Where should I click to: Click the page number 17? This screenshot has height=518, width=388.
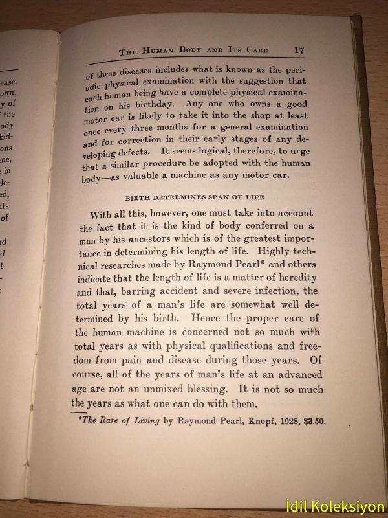click(299, 50)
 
